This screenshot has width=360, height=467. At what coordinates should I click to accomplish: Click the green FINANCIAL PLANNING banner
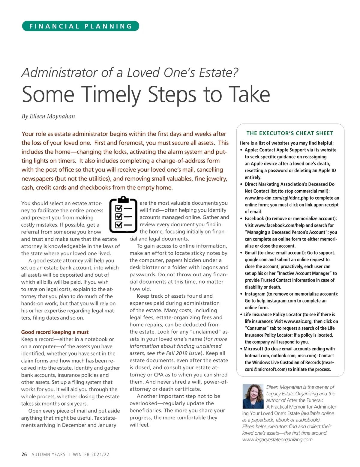pos(80,26)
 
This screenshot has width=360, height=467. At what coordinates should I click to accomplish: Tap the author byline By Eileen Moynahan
pos(48,116)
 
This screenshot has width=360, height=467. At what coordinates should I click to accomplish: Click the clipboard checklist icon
pos(123,214)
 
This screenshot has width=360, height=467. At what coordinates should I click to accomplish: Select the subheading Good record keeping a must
pos(55,332)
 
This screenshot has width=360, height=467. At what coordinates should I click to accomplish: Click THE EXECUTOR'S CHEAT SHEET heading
pos(290,133)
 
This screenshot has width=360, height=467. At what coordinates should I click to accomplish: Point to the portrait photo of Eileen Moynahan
pos(253,396)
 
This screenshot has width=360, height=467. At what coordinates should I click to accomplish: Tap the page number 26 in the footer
pos(24,454)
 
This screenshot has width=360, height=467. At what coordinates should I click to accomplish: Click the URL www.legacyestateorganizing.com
pos(277,440)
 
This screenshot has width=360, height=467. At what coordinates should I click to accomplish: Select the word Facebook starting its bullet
pos(254,219)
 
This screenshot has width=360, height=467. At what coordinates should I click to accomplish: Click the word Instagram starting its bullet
pos(255,294)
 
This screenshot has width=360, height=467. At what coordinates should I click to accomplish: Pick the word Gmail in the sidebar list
pos(250,253)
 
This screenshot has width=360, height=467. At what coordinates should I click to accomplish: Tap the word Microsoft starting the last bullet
pos(254,349)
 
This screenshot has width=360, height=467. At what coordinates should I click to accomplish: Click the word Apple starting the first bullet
pos(250,150)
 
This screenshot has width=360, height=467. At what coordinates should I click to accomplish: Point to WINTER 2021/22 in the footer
pos(91,454)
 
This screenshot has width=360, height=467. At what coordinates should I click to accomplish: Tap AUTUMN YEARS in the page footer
pos(48,454)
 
